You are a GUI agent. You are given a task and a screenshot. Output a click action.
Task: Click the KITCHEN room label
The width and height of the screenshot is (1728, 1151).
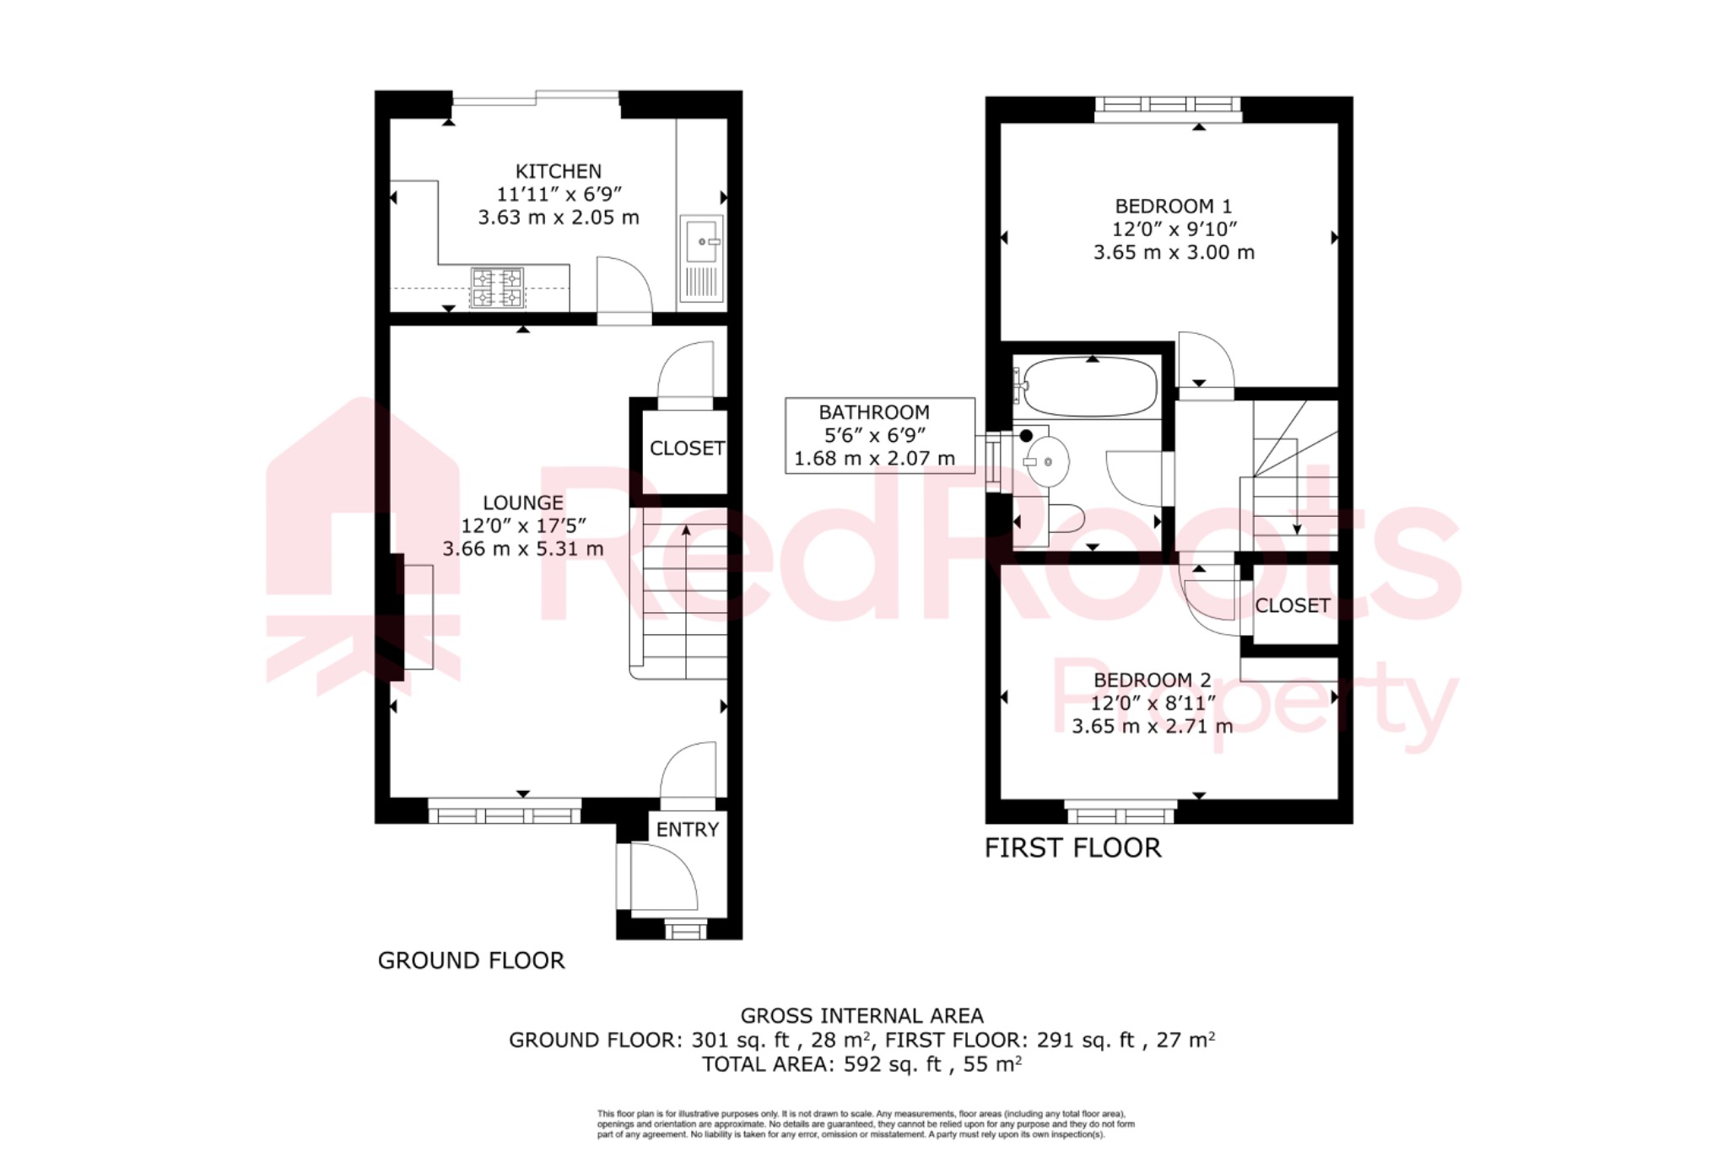558,171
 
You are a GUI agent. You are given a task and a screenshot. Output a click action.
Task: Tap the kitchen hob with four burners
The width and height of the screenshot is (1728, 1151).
497,288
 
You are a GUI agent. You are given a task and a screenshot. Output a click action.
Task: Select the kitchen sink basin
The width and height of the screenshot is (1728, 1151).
701,242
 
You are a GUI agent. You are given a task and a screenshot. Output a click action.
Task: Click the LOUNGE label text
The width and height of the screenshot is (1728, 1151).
522,503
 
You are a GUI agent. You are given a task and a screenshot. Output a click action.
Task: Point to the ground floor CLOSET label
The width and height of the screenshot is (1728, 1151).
686,449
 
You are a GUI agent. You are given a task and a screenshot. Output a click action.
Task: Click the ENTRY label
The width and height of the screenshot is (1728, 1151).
687,830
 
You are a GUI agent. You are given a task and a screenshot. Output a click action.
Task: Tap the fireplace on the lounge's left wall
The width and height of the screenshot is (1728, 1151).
417,616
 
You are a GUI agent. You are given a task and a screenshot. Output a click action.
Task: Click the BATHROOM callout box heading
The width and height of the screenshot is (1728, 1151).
874,412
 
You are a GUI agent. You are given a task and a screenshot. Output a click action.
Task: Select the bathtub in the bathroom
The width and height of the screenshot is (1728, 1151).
1088,387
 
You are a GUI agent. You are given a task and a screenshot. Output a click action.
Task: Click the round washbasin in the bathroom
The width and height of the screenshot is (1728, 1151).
1046,461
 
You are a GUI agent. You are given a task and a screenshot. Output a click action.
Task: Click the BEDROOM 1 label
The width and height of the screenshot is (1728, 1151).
1173,206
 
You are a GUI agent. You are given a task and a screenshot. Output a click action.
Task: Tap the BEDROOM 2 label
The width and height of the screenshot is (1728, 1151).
1152,680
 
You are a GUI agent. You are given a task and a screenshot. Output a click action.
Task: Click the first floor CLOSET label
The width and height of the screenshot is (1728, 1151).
1292,605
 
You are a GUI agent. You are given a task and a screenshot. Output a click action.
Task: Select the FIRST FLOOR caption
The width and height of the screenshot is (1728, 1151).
1072,847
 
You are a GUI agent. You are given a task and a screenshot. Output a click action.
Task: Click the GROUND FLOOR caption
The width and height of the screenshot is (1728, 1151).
471,960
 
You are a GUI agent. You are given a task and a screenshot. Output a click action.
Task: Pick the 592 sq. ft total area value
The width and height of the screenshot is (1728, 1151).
892,1064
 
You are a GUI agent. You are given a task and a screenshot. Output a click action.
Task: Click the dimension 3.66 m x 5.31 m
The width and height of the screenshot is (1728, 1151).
522,549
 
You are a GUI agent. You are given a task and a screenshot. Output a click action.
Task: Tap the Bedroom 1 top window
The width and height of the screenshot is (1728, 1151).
1167,106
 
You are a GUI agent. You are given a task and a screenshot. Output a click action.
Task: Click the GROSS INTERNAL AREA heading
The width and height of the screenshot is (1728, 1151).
861,1016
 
